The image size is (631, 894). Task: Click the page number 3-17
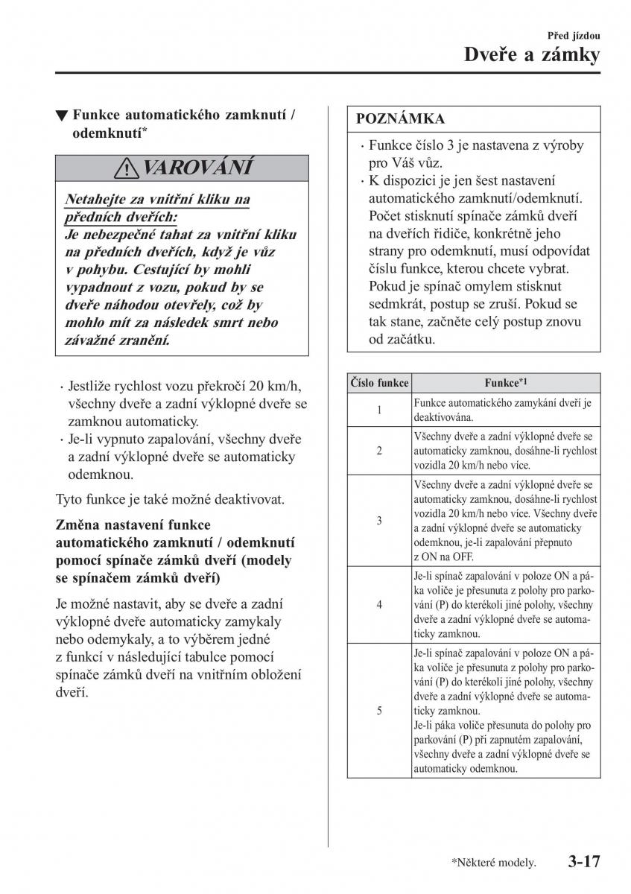click(583, 862)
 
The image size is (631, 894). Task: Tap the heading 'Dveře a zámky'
click(531, 56)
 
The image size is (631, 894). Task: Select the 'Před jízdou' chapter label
click(574, 35)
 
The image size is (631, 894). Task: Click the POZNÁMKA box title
click(400, 119)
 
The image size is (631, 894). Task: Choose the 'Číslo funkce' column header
click(379, 383)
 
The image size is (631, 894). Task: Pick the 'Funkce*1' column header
click(505, 383)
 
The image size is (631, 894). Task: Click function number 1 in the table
click(379, 410)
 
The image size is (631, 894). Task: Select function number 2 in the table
click(379, 450)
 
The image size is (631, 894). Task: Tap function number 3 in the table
click(379, 521)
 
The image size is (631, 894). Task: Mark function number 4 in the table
click(379, 604)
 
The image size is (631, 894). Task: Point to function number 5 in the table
click(379, 711)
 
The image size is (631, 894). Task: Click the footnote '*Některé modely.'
click(492, 863)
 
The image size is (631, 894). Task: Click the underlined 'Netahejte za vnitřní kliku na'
click(158, 200)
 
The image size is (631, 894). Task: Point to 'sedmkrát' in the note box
click(399, 304)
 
